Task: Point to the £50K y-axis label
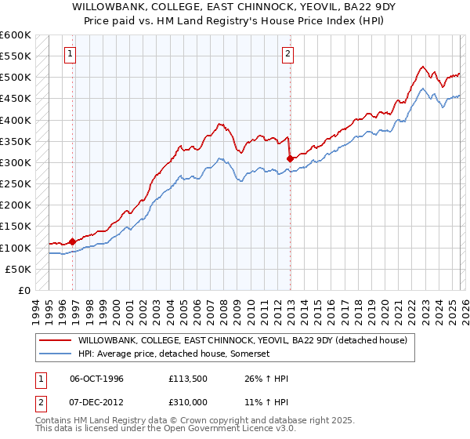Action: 18,269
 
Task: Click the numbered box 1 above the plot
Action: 70,54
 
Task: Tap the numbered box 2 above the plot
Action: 287,54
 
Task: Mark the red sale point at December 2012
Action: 290,158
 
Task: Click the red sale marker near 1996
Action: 73,241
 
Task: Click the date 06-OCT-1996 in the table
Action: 96,379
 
